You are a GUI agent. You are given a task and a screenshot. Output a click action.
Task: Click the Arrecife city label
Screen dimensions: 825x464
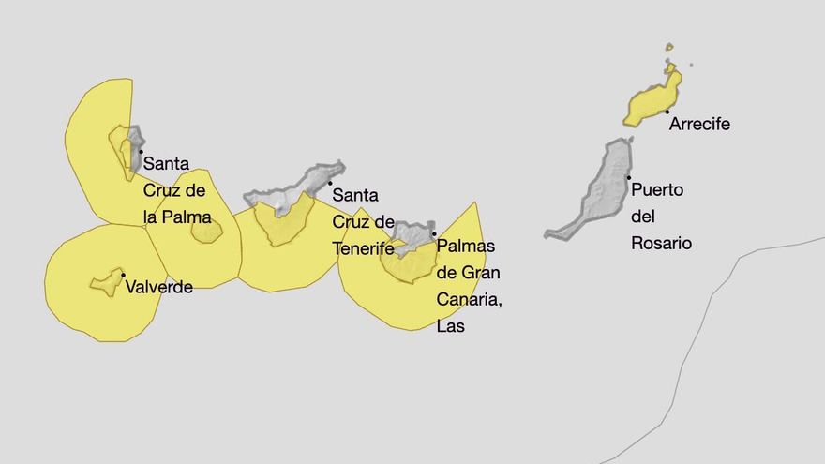click(x=699, y=124)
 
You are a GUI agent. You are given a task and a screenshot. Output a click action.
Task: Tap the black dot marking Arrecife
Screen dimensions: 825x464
click(x=667, y=112)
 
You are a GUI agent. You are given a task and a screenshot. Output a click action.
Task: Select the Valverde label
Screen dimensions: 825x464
click(x=159, y=287)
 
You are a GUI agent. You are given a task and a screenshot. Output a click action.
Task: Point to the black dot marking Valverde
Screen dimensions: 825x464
click(x=124, y=276)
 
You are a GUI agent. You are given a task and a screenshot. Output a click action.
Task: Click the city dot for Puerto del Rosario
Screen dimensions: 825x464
click(x=629, y=177)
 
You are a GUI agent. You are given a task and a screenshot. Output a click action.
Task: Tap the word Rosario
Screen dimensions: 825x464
click(x=661, y=243)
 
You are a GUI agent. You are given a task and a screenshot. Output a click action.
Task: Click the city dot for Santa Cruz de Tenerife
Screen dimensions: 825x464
click(x=330, y=183)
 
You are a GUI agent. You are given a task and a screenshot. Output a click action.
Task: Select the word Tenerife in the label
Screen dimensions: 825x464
click(x=364, y=248)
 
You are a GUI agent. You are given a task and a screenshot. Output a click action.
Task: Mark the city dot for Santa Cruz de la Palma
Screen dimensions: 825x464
click(x=141, y=151)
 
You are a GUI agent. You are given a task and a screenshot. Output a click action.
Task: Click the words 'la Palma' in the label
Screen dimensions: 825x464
click(x=177, y=217)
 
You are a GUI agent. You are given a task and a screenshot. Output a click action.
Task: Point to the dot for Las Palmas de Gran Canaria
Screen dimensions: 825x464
click(x=434, y=234)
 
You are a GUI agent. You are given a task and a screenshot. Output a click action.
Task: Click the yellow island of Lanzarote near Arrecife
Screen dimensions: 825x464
click(x=651, y=103)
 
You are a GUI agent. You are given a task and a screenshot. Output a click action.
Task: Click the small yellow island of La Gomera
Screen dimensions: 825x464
click(x=207, y=231)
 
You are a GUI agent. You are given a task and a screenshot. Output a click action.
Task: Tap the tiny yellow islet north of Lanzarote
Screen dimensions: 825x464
click(x=669, y=47)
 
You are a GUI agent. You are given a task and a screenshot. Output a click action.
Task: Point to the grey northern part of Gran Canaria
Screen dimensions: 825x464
click(x=412, y=233)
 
